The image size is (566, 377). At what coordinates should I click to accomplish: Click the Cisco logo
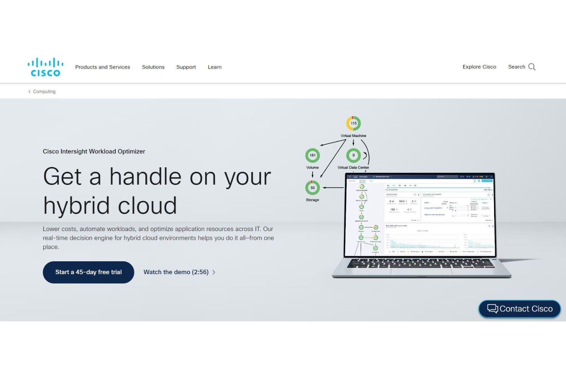click(46, 67)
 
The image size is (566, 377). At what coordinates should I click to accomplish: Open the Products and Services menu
click(102, 67)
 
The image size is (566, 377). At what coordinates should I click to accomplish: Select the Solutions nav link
click(153, 67)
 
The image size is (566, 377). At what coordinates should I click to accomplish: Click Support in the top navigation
click(186, 67)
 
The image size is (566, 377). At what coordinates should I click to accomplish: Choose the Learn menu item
click(215, 67)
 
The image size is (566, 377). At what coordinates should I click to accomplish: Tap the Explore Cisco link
click(479, 67)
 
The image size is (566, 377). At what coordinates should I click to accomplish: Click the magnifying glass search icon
click(532, 67)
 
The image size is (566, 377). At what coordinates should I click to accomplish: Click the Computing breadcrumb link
click(44, 92)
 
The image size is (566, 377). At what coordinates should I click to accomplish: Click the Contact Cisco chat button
click(519, 309)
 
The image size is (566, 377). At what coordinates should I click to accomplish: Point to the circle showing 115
click(353, 123)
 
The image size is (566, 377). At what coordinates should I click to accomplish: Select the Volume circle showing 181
click(312, 155)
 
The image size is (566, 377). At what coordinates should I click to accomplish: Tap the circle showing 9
click(353, 155)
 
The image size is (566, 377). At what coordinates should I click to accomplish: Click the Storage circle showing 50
click(312, 188)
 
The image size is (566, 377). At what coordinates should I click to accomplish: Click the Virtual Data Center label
click(353, 168)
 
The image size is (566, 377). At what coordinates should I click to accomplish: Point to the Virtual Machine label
click(353, 136)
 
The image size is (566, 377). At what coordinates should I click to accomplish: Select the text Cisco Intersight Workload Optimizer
click(94, 152)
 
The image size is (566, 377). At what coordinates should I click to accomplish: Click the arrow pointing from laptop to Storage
click(333, 188)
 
